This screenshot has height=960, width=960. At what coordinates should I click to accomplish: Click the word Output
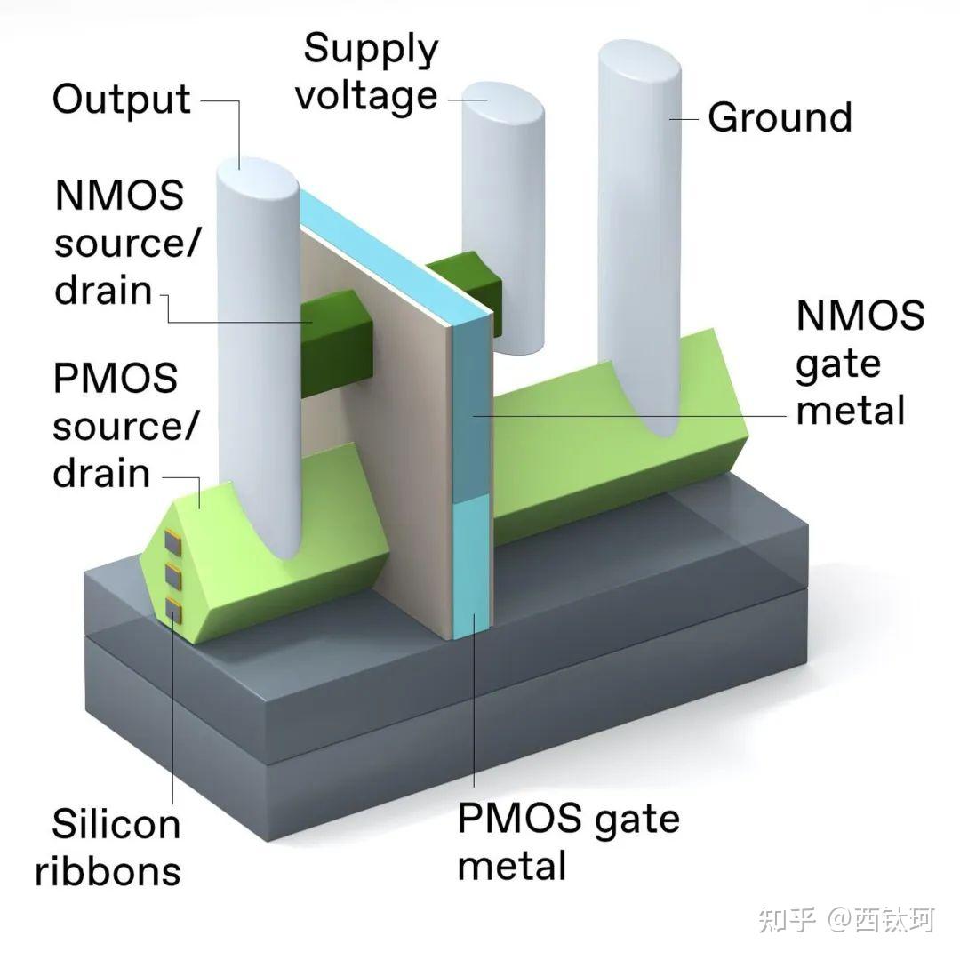tap(121, 99)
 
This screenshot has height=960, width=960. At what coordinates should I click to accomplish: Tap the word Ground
tap(780, 117)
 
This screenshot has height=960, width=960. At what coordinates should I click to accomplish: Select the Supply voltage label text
tap(367, 71)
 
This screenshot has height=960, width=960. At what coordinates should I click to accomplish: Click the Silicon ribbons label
tap(108, 846)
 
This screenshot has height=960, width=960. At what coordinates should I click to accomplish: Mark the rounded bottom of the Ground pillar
tap(658, 418)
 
